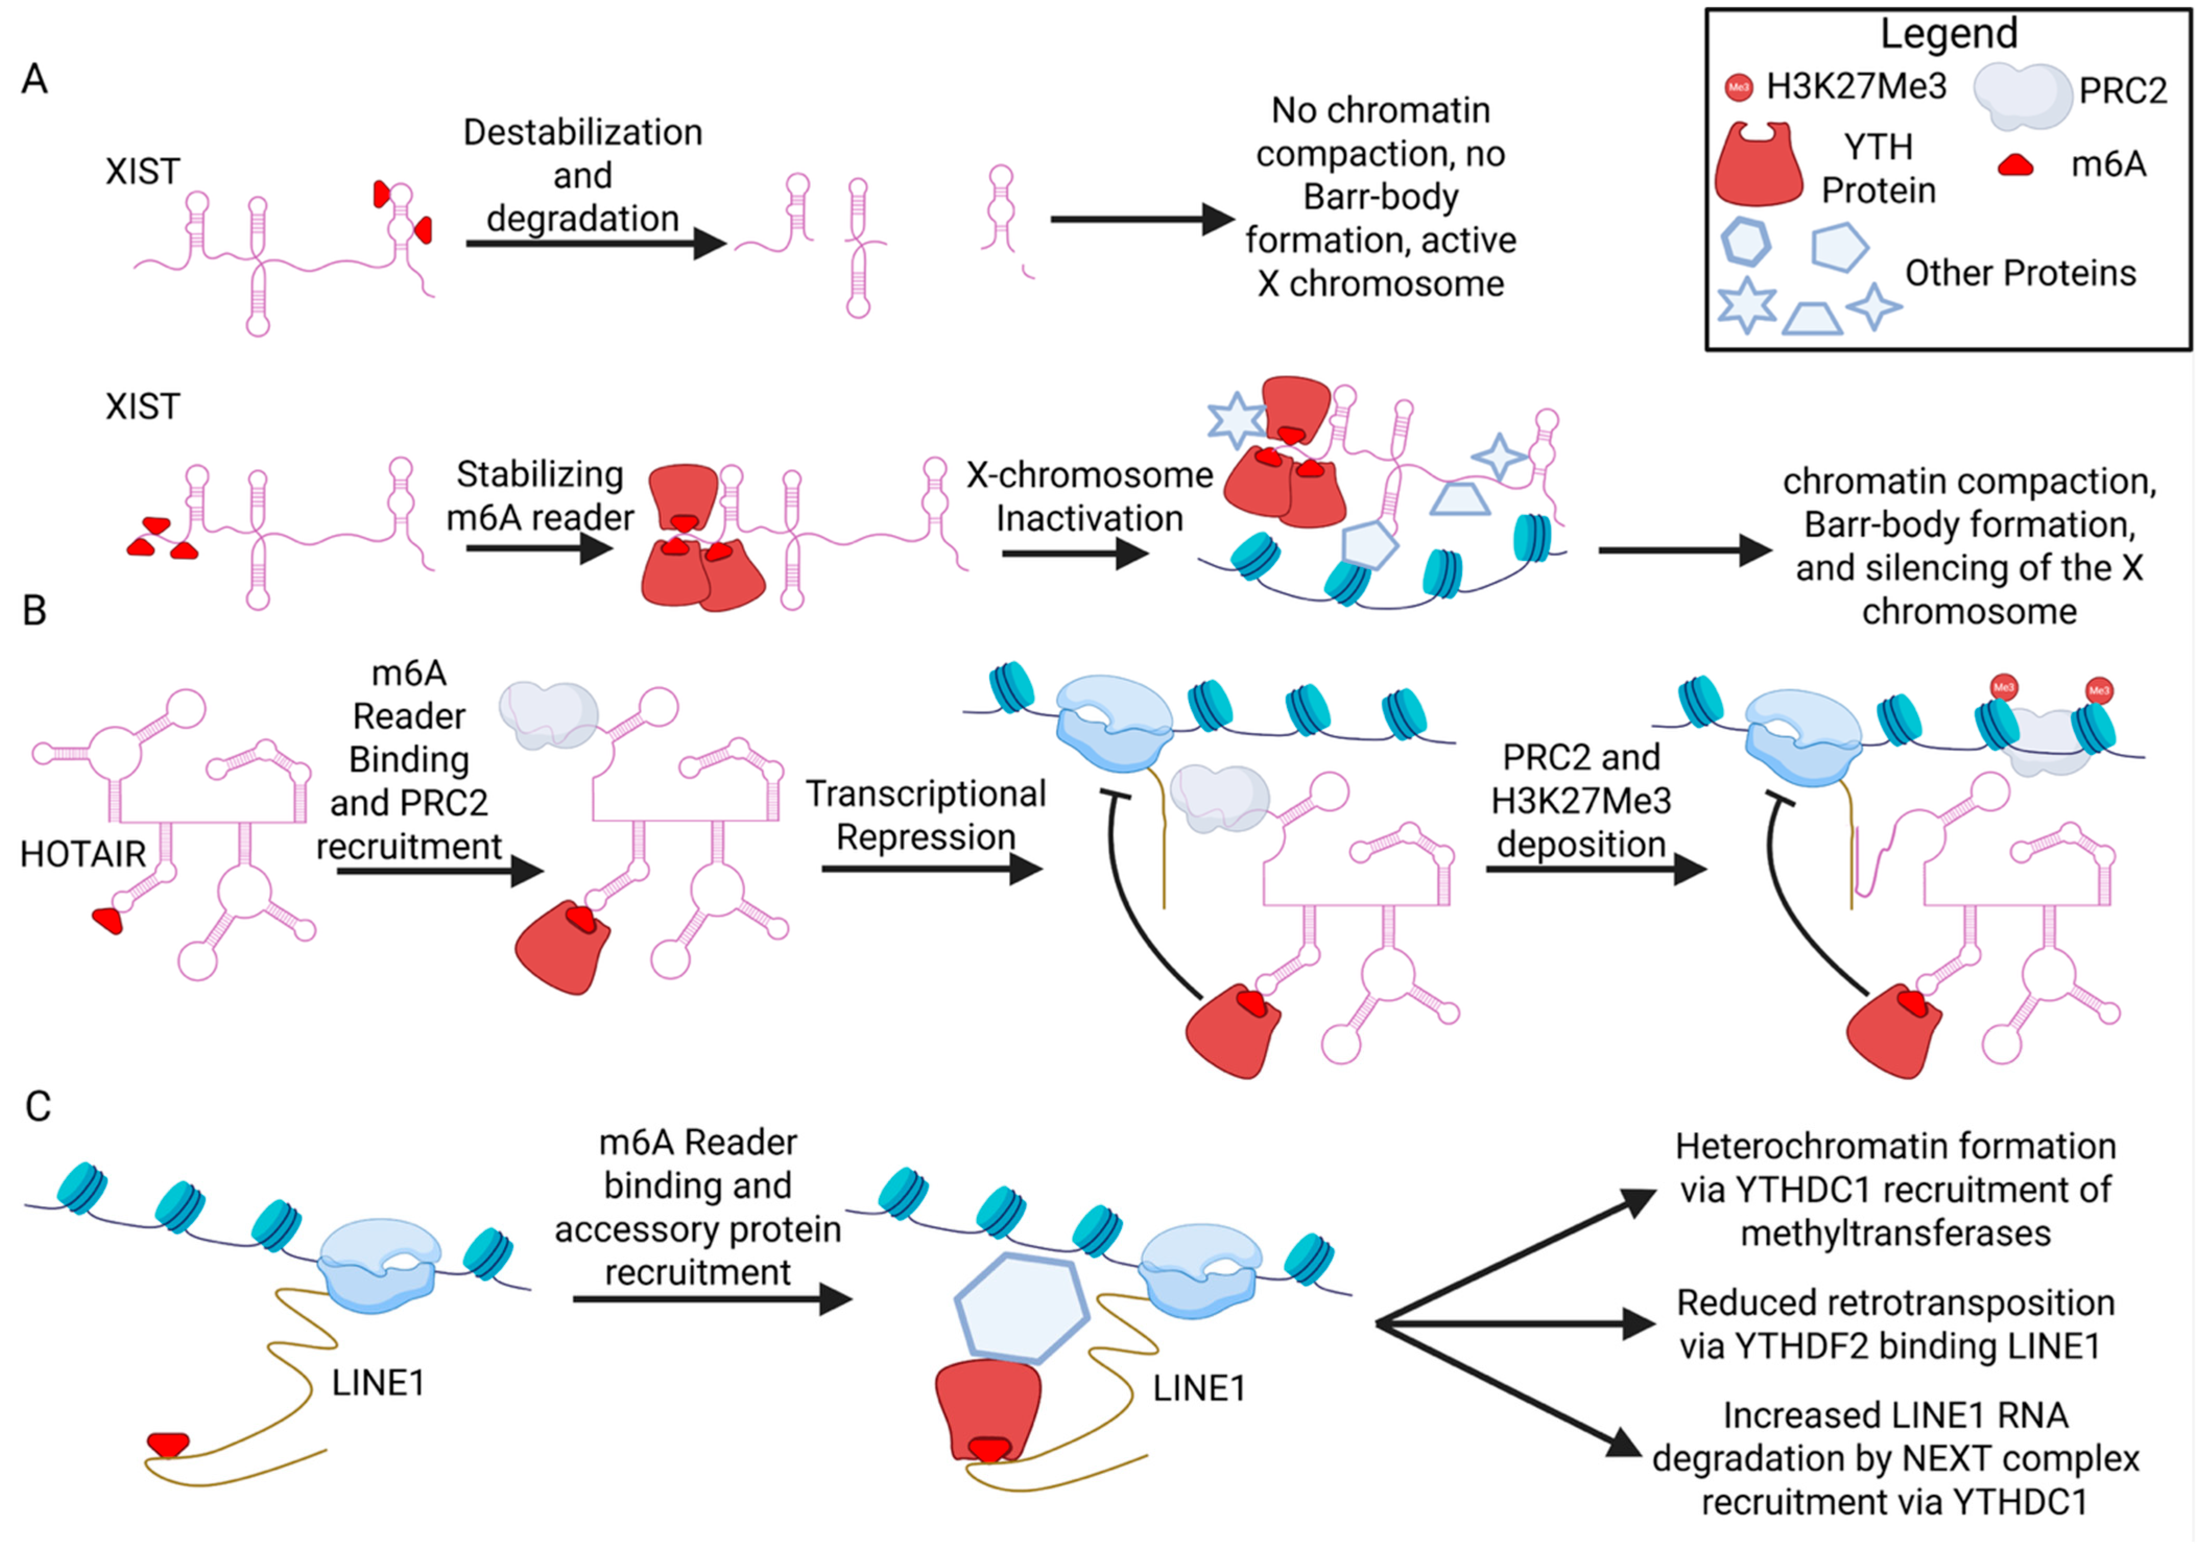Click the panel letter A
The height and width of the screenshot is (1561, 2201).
click(x=34, y=79)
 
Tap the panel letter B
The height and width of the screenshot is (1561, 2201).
click(x=34, y=609)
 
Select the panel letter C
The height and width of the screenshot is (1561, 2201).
click(x=38, y=1107)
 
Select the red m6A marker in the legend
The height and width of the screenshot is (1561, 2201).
click(x=2016, y=165)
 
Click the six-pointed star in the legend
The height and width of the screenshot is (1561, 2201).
click(x=1747, y=306)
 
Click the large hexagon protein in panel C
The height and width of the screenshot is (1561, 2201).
click(x=1022, y=1307)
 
